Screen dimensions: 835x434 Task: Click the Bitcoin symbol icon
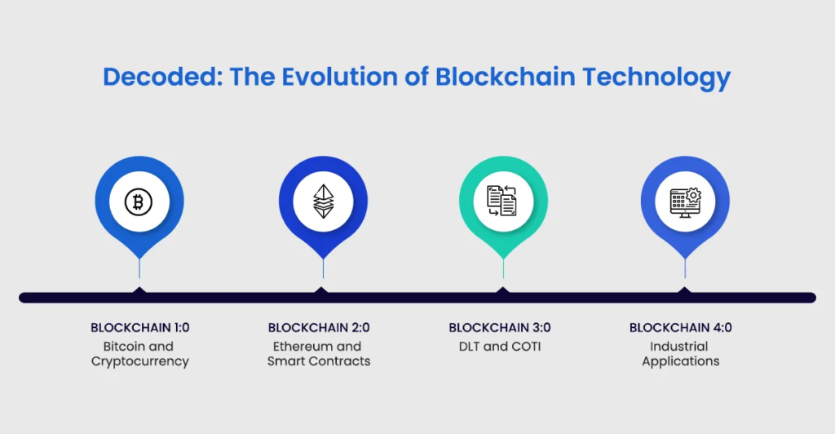[139, 201]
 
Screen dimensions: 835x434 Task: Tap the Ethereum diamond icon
[323, 201]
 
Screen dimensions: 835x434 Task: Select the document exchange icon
[501, 201]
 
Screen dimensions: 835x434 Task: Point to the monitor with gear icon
[685, 202]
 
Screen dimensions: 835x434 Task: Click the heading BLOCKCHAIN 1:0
[140, 327]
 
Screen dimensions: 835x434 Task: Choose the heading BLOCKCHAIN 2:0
[319, 327]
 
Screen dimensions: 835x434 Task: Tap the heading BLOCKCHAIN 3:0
[500, 327]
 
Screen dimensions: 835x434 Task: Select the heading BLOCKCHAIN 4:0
[681, 327]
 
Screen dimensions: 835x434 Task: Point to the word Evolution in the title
[338, 77]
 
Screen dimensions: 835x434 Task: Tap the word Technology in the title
[656, 77]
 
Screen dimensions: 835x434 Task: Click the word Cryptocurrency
[140, 361]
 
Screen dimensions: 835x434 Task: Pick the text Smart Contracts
[319, 361]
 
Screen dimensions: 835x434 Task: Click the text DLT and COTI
[500, 346]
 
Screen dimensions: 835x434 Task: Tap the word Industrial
[679, 346]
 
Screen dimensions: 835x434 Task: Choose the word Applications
[681, 361]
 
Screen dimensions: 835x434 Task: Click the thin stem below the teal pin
[503, 268]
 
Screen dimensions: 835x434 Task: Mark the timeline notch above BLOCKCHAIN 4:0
[684, 290]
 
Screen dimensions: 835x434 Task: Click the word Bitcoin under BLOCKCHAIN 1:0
[123, 346]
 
